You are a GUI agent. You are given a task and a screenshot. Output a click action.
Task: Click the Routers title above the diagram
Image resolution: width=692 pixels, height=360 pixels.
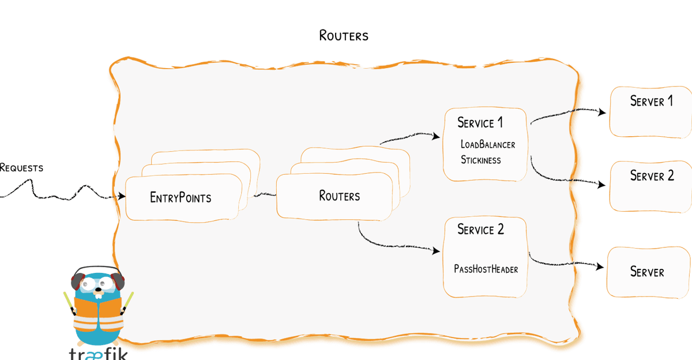click(344, 35)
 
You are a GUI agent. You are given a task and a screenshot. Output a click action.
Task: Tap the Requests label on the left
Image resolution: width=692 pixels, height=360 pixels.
click(21, 168)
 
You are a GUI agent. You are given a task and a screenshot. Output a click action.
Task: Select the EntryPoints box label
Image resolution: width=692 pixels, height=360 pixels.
click(180, 198)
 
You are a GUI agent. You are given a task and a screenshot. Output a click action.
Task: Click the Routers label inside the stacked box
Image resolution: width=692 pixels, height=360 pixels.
click(339, 196)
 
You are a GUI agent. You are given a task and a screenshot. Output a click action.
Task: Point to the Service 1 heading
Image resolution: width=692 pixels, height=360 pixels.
click(480, 123)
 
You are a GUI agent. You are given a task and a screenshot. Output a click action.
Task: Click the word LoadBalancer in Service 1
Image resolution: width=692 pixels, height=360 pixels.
click(487, 144)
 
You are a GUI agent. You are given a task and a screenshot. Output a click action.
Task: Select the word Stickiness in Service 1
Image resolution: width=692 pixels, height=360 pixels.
click(480, 160)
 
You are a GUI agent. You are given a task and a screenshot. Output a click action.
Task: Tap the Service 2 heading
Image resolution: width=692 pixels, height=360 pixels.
click(480, 230)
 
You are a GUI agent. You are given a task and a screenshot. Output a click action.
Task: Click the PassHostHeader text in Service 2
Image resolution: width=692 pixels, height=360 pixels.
click(486, 269)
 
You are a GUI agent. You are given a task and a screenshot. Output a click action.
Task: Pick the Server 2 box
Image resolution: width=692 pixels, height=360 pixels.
click(651, 185)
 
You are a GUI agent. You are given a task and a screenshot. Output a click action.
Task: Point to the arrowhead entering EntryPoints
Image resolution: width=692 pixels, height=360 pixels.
click(122, 197)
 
